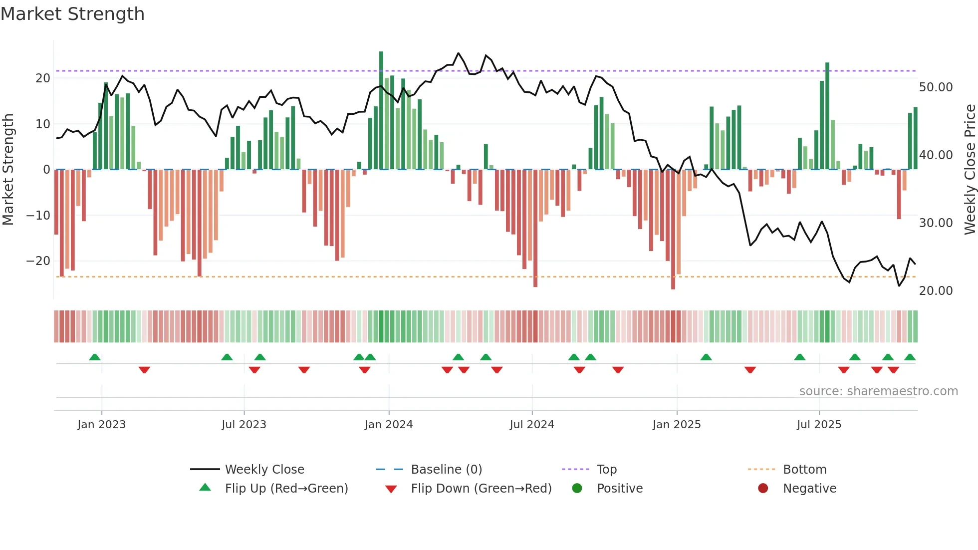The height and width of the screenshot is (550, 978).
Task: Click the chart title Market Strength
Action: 72,14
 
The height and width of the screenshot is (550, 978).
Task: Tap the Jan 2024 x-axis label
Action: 389,425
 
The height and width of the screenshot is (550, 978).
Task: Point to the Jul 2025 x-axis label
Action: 819,425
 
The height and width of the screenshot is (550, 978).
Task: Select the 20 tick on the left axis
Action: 43,78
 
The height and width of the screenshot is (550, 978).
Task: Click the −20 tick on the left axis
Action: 38,261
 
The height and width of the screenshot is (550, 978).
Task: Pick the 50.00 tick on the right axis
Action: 936,87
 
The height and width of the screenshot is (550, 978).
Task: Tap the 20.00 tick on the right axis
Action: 936,291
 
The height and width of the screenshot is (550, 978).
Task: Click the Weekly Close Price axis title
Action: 970,170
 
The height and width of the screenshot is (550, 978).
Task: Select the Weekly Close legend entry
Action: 264,470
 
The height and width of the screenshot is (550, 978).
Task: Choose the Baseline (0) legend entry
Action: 446,470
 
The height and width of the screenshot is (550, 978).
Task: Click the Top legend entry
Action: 607,470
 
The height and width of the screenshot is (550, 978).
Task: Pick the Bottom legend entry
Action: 804,470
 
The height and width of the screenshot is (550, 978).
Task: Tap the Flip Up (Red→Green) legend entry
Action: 286,489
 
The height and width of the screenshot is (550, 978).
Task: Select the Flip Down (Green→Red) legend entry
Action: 481,489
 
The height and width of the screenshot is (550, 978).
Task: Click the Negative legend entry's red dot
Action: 763,489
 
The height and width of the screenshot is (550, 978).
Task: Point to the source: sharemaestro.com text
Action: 878,391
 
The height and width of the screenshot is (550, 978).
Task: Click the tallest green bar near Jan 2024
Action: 381,110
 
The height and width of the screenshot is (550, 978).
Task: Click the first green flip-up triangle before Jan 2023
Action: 95,357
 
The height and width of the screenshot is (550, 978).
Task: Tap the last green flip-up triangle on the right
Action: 910,357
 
